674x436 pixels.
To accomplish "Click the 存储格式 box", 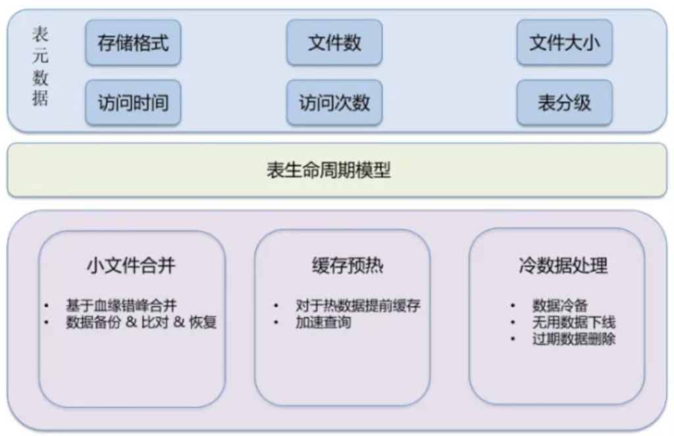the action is [133, 43].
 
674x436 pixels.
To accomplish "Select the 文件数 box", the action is [334, 43].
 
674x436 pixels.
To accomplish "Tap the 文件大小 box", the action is [564, 43].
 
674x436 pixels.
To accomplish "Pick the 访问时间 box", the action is [133, 103].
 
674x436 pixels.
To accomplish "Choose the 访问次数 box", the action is [334, 103].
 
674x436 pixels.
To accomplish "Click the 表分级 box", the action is [564, 103].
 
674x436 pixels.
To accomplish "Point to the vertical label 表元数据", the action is [40, 66].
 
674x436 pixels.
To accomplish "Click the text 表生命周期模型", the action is [328, 170].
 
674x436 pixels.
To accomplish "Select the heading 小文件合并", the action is [131, 266].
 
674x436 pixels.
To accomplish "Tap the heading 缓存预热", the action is [348, 266].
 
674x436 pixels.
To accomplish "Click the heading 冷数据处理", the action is [563, 266].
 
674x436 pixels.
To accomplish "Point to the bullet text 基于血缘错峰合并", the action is [121, 305].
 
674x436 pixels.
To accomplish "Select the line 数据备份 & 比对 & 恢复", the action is [141, 322].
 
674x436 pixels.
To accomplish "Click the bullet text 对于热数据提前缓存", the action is [358, 305].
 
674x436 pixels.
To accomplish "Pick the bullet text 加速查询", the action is [323, 322].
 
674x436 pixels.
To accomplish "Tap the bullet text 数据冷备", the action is [559, 305].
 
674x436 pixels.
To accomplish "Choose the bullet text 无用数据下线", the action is [574, 322].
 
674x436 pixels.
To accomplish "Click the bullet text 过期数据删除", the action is [574, 339].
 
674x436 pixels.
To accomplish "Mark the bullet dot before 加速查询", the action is [276, 322].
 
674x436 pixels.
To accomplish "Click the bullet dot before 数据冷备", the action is [512, 305].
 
